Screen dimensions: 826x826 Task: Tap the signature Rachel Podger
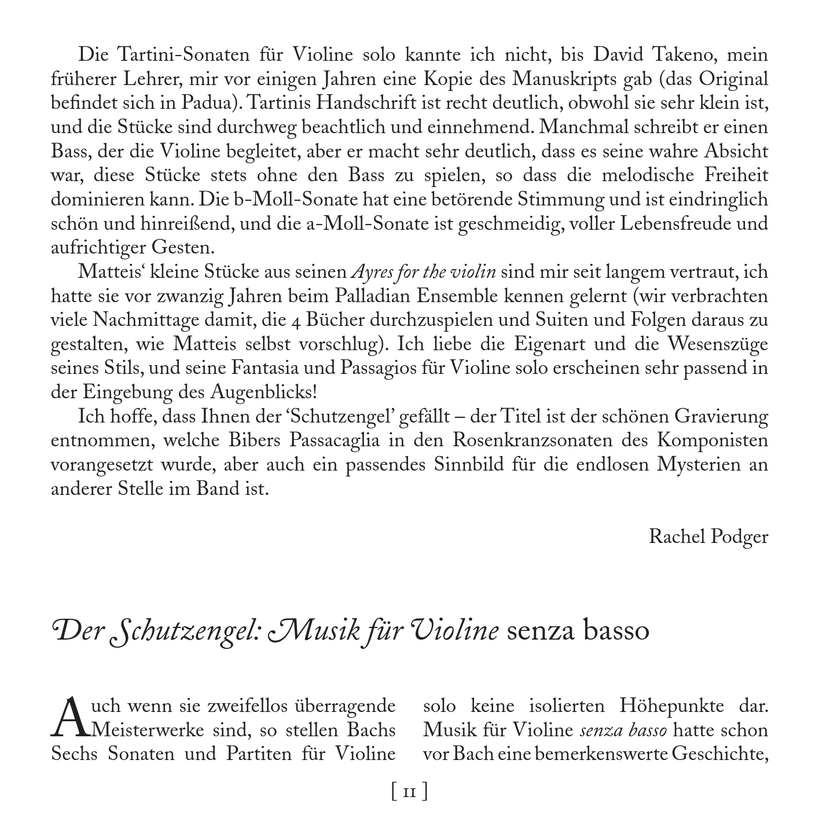(x=708, y=536)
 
